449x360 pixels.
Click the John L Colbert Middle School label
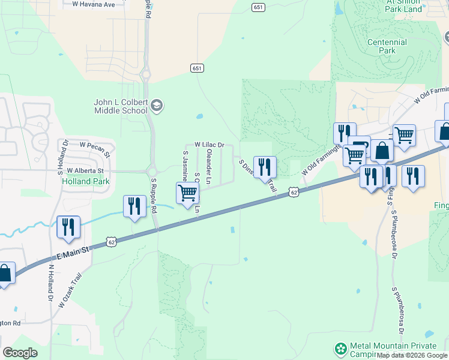[x=120, y=106]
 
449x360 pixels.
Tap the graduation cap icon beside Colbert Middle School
[x=157, y=106]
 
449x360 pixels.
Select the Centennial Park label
[x=387, y=46]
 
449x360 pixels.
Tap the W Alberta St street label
[x=85, y=171]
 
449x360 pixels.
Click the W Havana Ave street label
[x=93, y=4]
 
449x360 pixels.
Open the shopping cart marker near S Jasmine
[x=188, y=193]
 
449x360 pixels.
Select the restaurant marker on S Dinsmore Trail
[x=265, y=166]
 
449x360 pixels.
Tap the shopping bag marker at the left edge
[x=5, y=274]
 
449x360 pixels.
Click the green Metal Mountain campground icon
[x=341, y=349]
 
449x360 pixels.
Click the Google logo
[x=20, y=353]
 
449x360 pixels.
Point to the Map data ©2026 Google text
[x=412, y=355]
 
